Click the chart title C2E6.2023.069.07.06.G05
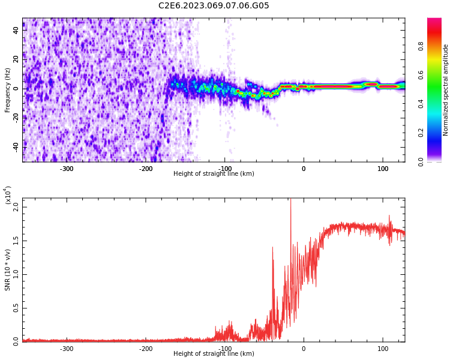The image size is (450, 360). [x=214, y=6]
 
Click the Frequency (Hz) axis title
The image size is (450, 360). [x=8, y=90]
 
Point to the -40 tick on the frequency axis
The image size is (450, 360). [x=16, y=146]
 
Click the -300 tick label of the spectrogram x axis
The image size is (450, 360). [x=67, y=169]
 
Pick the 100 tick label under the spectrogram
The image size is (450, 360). [x=383, y=169]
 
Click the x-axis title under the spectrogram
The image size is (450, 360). [x=214, y=174]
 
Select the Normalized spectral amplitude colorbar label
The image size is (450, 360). [x=446, y=90]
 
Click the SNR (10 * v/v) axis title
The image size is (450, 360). [x=8, y=270]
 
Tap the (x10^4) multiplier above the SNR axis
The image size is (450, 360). [x=8, y=196]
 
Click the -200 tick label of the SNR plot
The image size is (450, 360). [x=146, y=349]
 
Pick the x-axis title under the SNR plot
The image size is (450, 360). [x=214, y=354]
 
